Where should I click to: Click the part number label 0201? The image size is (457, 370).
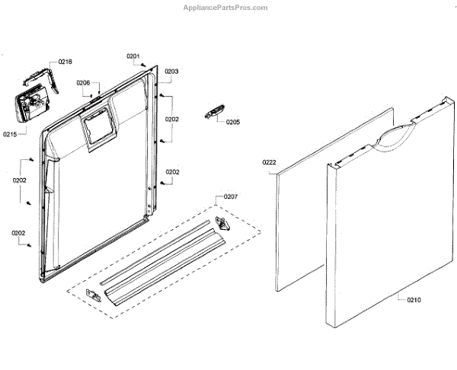tap(133, 56)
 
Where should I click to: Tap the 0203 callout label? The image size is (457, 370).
tap(171, 72)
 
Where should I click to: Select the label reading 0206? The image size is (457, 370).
tap(83, 83)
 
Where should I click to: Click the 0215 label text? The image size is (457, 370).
tap(9, 134)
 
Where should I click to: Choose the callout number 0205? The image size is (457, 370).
tap(232, 122)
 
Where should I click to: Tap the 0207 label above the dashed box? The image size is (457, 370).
tap(229, 196)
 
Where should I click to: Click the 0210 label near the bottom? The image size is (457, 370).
tap(413, 300)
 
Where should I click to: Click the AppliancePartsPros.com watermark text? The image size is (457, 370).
tap(226, 8)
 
